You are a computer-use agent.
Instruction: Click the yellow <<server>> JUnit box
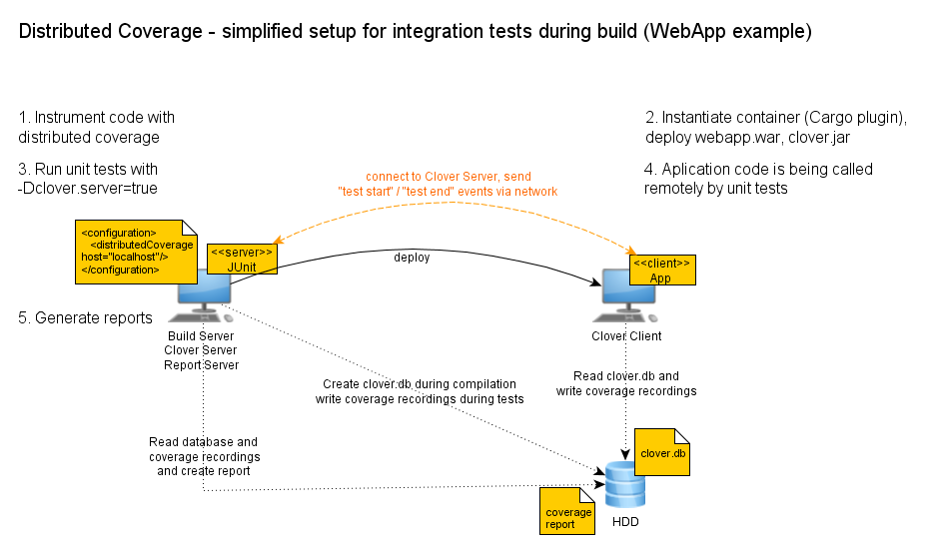click(242, 259)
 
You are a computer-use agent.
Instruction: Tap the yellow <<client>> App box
click(661, 270)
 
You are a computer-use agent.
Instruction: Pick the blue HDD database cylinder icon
click(625, 487)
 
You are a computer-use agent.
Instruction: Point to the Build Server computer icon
click(204, 295)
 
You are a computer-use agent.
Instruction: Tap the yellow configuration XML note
click(124, 251)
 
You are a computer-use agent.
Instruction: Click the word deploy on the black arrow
click(412, 258)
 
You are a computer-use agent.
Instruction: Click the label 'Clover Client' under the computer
click(626, 336)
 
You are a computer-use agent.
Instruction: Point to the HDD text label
click(626, 522)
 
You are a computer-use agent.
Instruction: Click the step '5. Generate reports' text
click(86, 318)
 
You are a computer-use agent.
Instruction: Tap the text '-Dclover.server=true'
click(88, 189)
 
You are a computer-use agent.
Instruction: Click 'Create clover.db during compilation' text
click(420, 383)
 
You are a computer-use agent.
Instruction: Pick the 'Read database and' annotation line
click(203, 441)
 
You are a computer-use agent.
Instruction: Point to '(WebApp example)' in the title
click(727, 32)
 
